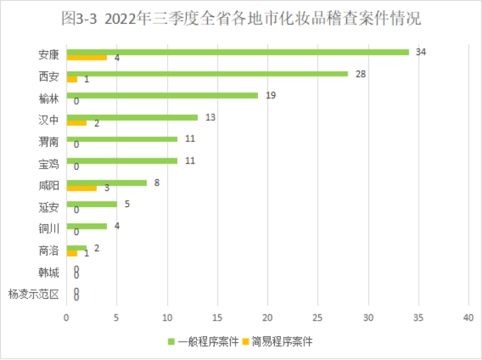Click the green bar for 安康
coord(238,52)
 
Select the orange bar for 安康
coord(86,58)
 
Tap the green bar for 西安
coord(207,73)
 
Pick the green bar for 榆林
coord(162,95)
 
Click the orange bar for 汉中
coord(76,123)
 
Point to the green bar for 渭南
coord(122,139)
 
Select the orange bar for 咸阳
coord(81,188)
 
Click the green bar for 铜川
coord(86,226)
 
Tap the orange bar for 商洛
coord(71,253)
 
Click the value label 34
coord(421,52)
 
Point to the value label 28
coord(360,73)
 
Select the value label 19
coord(270,95)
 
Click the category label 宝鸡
coord(49,164)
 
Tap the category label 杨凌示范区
coord(34,295)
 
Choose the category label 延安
coord(49,207)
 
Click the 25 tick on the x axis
coord(318,317)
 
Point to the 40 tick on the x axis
coord(468,317)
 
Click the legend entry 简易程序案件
coord(279,341)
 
